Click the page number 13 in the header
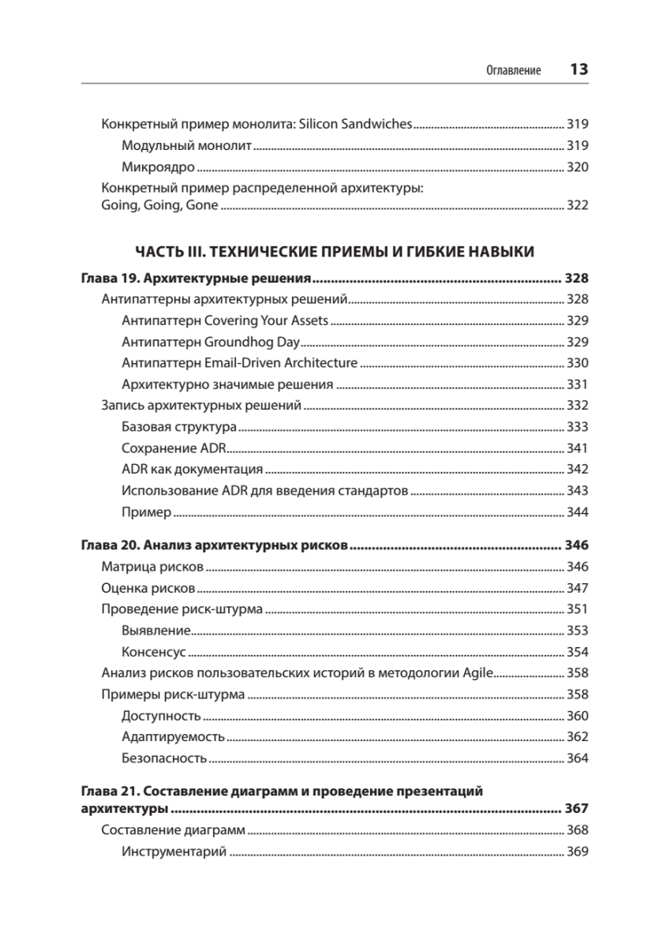click(x=578, y=69)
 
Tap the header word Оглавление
click(x=514, y=71)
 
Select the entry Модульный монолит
click(x=186, y=146)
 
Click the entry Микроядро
click(x=158, y=167)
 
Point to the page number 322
click(x=578, y=205)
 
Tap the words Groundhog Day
click(x=252, y=342)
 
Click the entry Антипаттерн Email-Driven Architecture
click(x=240, y=363)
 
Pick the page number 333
click(x=578, y=427)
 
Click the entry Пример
click(x=146, y=512)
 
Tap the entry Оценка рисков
click(x=148, y=588)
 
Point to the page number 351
click(x=578, y=609)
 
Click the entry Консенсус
click(x=153, y=652)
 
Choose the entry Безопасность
click(x=164, y=758)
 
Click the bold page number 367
click(x=576, y=809)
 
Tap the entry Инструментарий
click(x=174, y=852)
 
